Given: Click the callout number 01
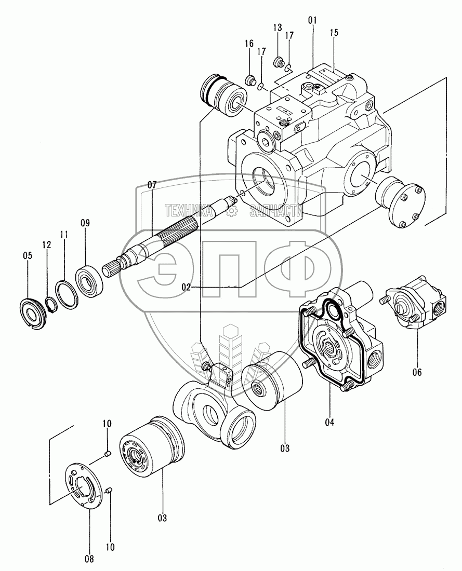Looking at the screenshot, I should pos(312,21).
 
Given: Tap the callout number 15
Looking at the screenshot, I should pos(334,33).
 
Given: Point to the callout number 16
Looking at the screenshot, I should pos(249,43).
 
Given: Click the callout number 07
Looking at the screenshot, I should pos(152,185).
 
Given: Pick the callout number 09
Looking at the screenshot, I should pos(85,223).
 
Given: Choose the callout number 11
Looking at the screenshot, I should pos(64,235).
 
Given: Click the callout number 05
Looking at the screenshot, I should pos(27,255).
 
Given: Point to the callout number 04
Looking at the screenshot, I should pos(329,422).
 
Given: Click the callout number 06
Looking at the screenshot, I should pos(417,372).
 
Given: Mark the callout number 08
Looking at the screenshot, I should pos(89,559).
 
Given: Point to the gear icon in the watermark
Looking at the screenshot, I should pos(232,210).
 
